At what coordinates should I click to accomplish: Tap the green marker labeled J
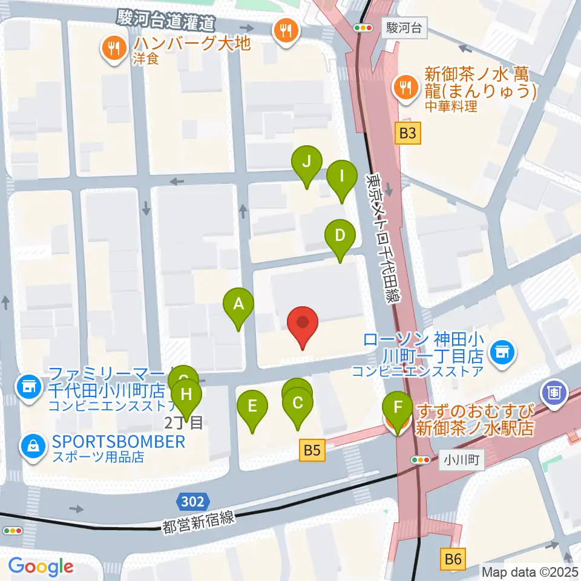coord(306,163)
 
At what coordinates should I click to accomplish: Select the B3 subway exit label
coord(409,133)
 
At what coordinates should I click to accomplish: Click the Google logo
coord(41,566)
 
